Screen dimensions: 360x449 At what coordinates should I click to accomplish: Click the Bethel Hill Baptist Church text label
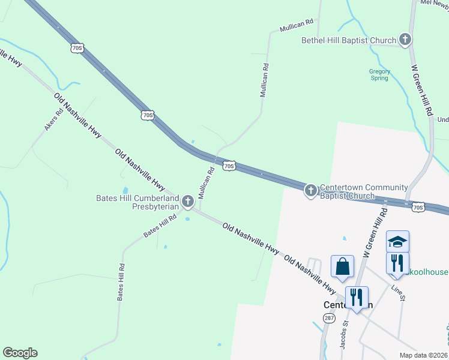(x=349, y=40)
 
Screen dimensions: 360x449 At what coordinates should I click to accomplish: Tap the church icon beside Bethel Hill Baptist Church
(x=405, y=40)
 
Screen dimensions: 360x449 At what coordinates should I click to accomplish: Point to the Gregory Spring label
(x=379, y=74)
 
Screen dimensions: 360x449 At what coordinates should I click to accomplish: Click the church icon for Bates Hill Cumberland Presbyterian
(x=188, y=202)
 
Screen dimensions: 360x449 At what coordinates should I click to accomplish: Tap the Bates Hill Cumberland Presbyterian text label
(x=137, y=202)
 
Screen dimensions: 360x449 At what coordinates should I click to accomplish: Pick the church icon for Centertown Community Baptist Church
(x=310, y=191)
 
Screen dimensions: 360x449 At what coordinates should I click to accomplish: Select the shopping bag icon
(x=342, y=266)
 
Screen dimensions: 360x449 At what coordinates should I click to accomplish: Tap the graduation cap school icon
(x=397, y=241)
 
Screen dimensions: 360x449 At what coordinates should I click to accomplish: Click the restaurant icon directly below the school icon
(x=397, y=263)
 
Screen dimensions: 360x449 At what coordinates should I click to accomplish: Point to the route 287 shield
(x=329, y=318)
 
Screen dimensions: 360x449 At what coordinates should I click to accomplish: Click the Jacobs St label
(x=344, y=334)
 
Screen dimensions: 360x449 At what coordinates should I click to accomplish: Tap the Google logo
(x=20, y=353)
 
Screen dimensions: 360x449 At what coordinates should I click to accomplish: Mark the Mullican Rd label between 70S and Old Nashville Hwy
(x=206, y=183)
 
